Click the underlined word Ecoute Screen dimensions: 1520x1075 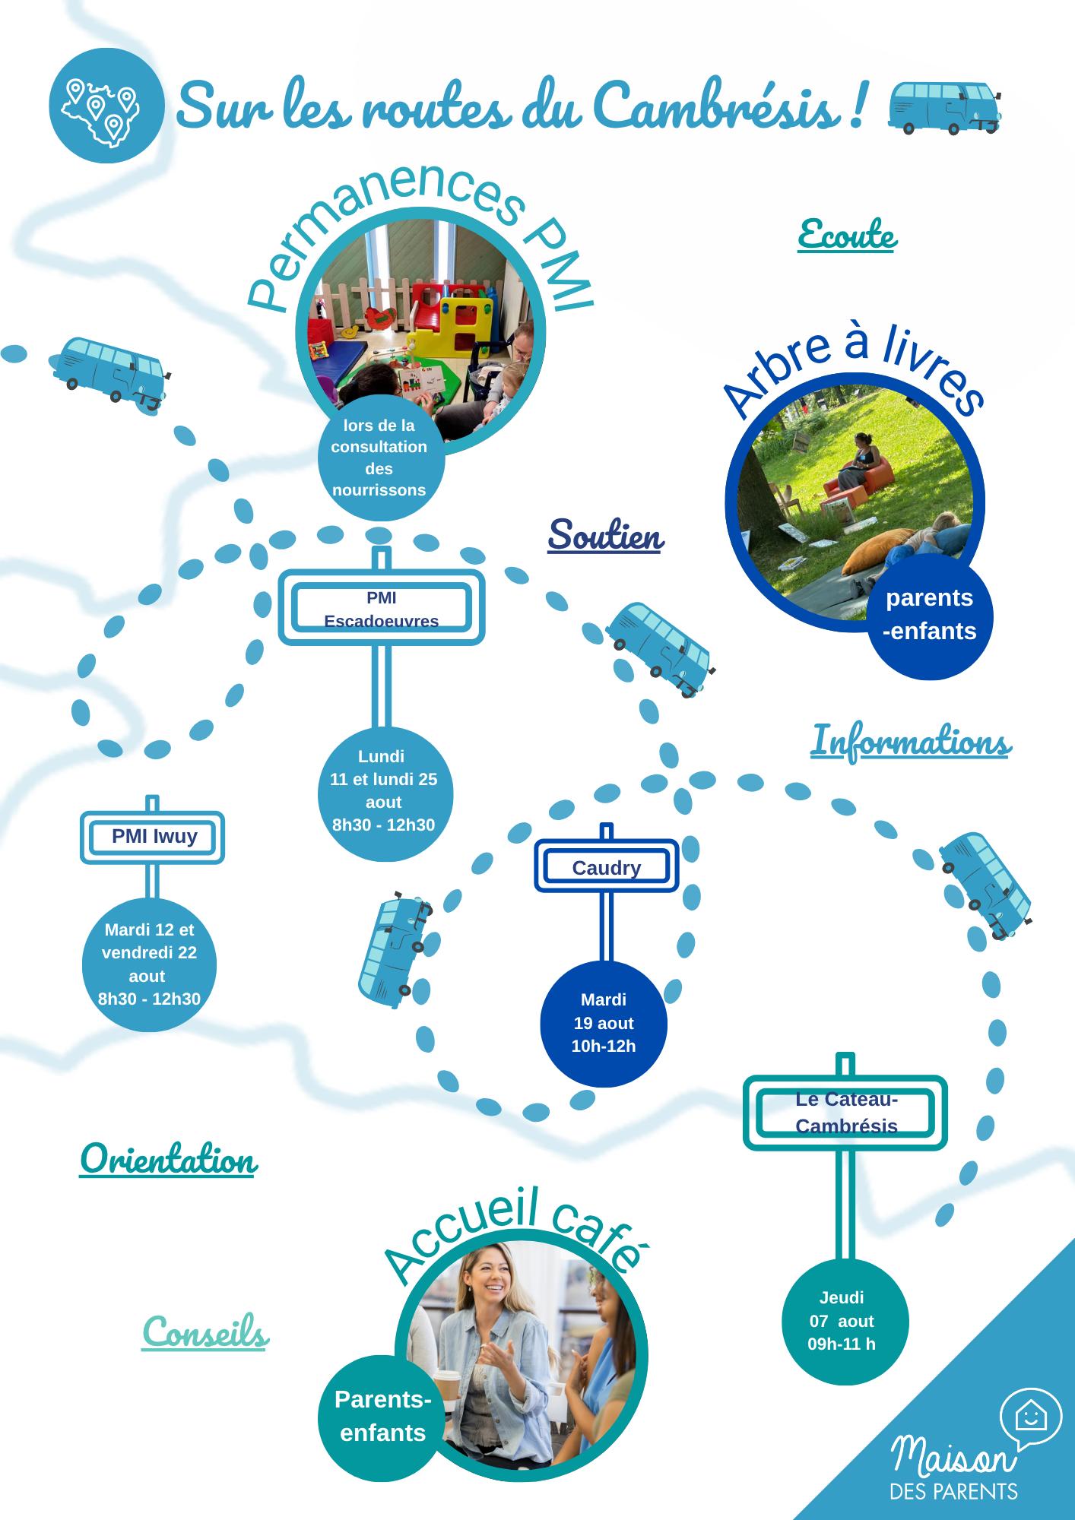coord(847,235)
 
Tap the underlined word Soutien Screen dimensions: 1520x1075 coord(606,536)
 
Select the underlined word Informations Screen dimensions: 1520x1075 coord(910,742)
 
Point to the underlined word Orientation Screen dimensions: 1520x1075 coord(168,1160)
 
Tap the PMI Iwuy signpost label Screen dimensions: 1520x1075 coord(153,837)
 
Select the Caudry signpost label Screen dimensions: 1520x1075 coord(606,867)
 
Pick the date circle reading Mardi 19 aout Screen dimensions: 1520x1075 coord(604,1023)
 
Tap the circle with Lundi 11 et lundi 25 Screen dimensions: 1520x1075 coord(384,792)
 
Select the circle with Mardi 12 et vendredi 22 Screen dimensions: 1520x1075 coord(149,964)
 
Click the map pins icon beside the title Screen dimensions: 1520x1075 coord(106,106)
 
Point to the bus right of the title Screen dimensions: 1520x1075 coord(943,106)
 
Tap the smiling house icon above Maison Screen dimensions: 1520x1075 coord(1030,1415)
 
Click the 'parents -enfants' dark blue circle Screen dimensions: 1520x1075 coord(930,615)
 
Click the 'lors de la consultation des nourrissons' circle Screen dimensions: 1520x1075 coord(379,458)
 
